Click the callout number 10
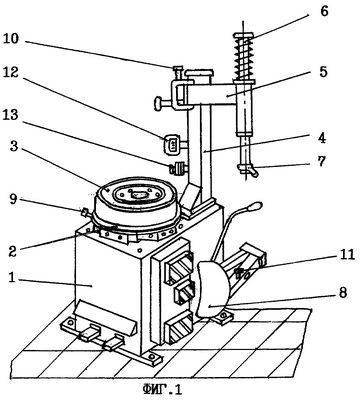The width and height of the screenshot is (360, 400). (13, 40)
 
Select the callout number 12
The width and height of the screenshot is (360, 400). (13, 73)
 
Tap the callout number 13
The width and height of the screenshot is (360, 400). (13, 115)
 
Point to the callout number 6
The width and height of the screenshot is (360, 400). (324, 12)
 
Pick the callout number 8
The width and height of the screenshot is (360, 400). (342, 293)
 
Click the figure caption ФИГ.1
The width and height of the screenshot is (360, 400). (163, 389)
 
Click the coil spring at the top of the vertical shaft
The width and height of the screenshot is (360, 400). (243, 57)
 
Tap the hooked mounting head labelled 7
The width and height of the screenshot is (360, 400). (248, 169)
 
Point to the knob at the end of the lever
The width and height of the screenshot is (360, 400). (253, 207)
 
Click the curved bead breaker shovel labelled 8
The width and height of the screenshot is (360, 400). (212, 288)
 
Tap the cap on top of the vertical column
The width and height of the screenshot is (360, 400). (199, 72)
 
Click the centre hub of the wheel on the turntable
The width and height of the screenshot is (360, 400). (137, 194)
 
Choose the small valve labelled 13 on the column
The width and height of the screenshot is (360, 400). (178, 168)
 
